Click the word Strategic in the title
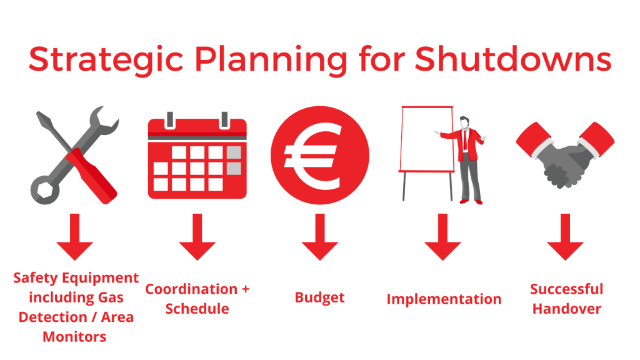coord(106,60)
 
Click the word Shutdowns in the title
coord(513,59)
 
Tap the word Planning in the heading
coord(271,60)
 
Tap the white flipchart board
coord(427,139)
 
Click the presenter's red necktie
coord(465,140)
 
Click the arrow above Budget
coord(320,237)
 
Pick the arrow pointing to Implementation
coord(443,237)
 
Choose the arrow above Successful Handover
coord(565,237)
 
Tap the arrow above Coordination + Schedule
coord(197,237)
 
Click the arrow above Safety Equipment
coord(75,237)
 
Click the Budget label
coord(319,298)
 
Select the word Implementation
coord(444,299)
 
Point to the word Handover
coord(567,309)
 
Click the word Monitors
coord(75,337)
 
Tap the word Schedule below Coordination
coord(197,309)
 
